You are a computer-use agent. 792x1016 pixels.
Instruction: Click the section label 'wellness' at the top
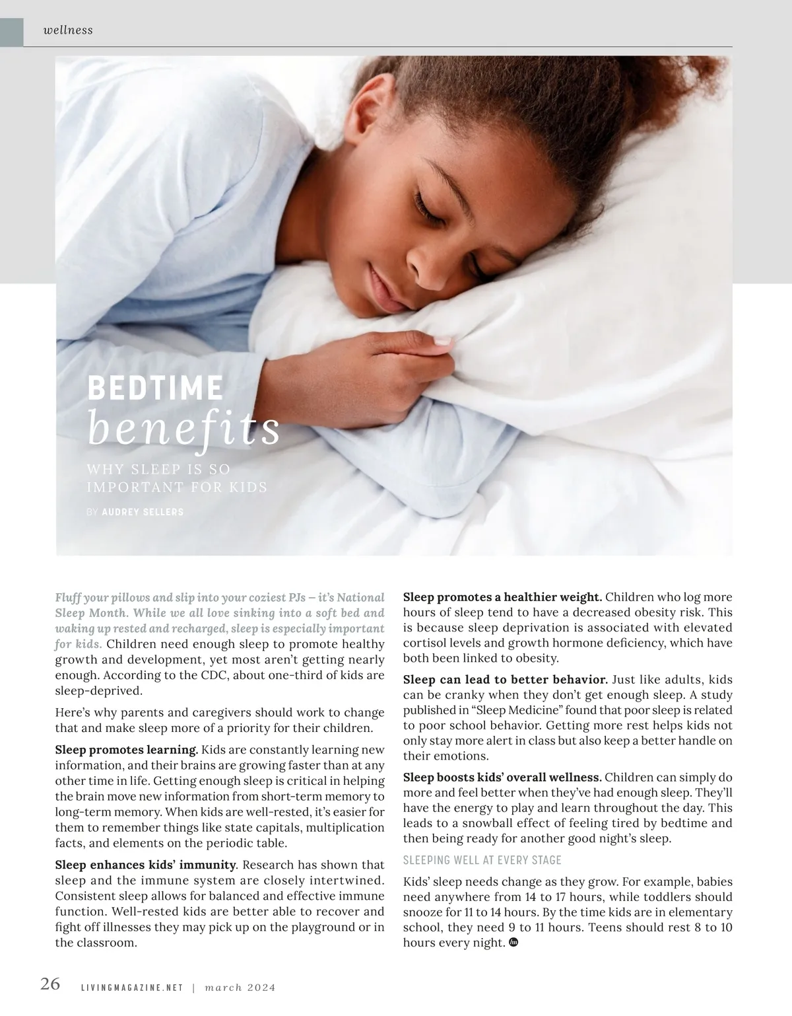point(67,30)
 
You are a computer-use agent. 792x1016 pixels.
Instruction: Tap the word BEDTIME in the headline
point(155,388)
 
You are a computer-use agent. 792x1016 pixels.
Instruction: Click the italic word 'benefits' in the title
point(183,429)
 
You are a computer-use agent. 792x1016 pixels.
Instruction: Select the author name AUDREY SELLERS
point(143,512)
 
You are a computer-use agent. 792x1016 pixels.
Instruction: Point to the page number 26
point(50,984)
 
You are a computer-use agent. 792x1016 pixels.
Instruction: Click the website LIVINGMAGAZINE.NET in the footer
point(131,988)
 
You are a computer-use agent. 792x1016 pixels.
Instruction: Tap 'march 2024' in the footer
point(240,988)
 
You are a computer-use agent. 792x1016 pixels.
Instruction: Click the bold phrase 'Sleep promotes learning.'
point(127,750)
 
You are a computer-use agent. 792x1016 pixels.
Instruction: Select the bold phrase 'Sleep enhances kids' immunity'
point(145,865)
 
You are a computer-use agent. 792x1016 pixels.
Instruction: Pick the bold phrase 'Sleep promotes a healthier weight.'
point(502,597)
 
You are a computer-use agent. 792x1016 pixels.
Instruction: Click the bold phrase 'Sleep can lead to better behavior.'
point(505,679)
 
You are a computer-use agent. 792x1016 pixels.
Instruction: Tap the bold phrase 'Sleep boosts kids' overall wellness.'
point(502,777)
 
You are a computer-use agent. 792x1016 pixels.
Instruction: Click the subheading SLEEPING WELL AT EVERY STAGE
point(482,859)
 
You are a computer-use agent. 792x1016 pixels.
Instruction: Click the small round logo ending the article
point(515,943)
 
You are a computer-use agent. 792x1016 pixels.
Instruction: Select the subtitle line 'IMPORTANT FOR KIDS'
point(177,488)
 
